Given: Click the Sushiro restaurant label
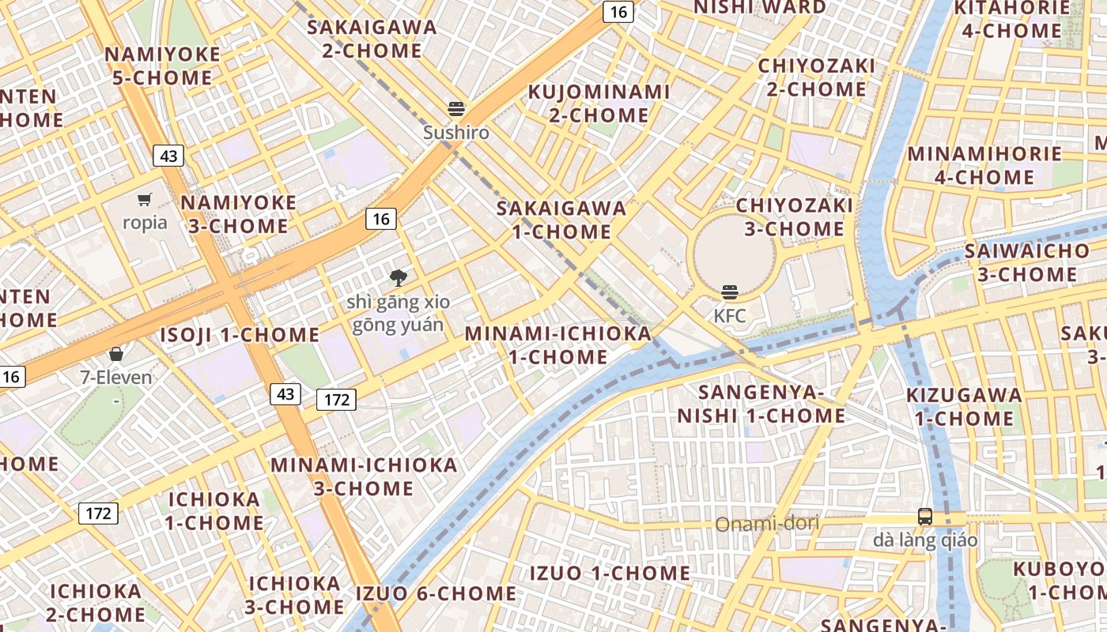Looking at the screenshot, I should tap(456, 133).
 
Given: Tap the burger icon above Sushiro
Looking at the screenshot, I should tap(456, 109).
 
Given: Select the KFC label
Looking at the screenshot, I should tap(729, 316).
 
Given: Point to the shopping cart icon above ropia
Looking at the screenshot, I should tap(144, 199).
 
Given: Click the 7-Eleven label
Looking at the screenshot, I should tap(116, 378).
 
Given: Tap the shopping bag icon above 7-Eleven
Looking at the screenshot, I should tap(116, 354).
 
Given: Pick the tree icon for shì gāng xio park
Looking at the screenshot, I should tap(399, 277).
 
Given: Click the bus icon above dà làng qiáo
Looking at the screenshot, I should tap(925, 517).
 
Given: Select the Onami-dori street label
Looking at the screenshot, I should tap(767, 524).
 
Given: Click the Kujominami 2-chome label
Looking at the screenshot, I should tap(599, 103).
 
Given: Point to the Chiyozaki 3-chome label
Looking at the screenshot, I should tap(795, 217).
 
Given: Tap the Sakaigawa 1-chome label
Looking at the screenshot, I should tap(561, 220).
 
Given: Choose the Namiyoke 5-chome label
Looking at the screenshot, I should tap(163, 66).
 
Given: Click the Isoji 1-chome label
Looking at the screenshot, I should tap(240, 335).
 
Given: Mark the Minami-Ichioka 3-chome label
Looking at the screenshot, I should tap(365, 476).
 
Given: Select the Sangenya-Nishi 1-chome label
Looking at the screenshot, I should tap(761, 404).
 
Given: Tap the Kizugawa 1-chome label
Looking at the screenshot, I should tap(964, 406).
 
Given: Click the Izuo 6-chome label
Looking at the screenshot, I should tap(436, 593).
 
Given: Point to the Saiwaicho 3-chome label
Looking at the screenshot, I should tap(1027, 263).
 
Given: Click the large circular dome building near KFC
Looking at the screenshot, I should tap(735, 254).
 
